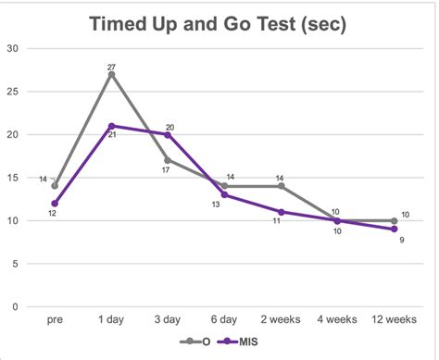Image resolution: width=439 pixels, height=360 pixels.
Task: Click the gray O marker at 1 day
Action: (111, 74)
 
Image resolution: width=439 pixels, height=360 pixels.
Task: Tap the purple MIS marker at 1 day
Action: (111, 126)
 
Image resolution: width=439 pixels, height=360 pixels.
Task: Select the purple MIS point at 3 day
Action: (168, 134)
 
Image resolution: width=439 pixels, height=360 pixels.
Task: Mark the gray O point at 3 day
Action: (168, 160)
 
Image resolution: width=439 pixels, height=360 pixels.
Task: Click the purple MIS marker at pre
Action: (55, 204)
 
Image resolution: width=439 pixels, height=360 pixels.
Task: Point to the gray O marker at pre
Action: (55, 186)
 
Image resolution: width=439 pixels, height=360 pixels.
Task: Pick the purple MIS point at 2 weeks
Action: (281, 212)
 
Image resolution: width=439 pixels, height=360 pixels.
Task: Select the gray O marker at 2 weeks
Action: (281, 186)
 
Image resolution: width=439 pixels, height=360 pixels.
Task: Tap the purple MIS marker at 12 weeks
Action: (394, 230)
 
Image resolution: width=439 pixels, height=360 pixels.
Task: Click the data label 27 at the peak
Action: (111, 65)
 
